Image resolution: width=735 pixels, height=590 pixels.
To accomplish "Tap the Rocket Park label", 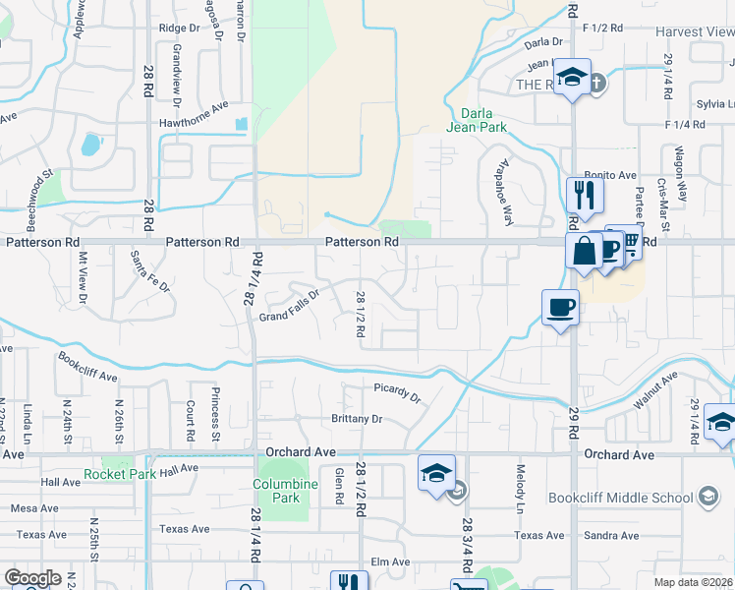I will click(120, 474).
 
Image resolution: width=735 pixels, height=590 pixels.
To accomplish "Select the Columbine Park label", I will click(286, 491).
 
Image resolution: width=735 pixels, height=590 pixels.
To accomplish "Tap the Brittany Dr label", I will click(356, 419).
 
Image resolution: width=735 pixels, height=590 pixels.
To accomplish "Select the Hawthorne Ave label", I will click(194, 124).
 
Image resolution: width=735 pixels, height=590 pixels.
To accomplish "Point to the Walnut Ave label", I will click(656, 390).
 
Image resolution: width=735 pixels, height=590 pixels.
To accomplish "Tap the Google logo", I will click(32, 577).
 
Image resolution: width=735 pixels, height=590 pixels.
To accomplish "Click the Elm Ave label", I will click(389, 562).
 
